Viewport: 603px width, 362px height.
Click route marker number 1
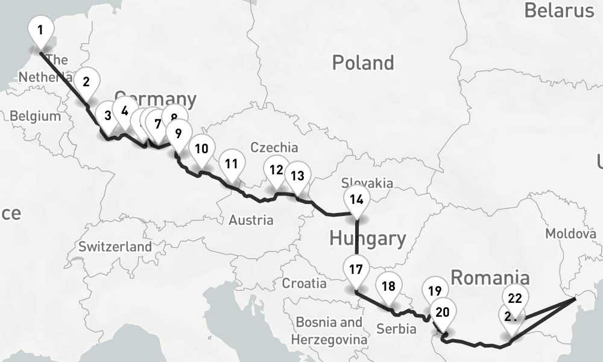[x=40, y=30]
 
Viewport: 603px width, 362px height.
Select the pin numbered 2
[x=86, y=81]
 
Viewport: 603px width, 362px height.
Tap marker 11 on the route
[x=232, y=164]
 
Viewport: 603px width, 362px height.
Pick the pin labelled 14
[x=356, y=200]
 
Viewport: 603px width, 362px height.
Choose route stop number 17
[x=356, y=269]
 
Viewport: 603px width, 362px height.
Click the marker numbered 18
[x=388, y=287]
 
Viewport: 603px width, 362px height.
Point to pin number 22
[x=515, y=298]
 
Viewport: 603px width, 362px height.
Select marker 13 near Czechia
[x=297, y=176]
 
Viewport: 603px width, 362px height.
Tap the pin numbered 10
[x=201, y=148]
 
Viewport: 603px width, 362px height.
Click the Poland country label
[x=363, y=63]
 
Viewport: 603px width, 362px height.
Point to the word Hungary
[x=368, y=238]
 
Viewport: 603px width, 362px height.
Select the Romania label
[x=490, y=278]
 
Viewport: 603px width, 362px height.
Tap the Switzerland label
[x=115, y=247]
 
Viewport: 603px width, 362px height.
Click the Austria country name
[x=251, y=220]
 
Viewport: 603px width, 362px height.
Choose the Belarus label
[x=559, y=10]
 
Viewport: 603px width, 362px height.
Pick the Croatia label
[x=305, y=283]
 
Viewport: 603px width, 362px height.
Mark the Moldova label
[x=570, y=233]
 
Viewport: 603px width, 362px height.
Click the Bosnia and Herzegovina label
[x=329, y=331]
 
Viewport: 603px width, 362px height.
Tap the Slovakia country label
[x=367, y=183]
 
